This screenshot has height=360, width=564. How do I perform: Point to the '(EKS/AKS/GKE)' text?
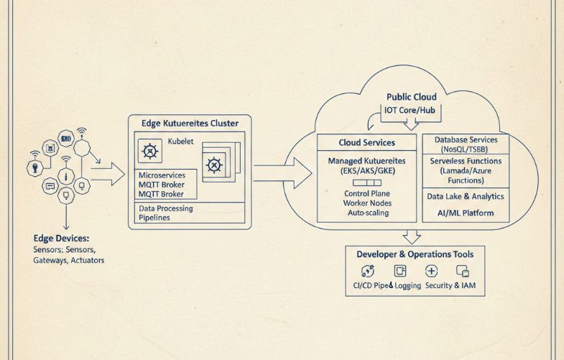367,173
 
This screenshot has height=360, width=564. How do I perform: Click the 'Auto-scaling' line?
367,213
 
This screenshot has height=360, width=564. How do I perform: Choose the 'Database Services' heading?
466,139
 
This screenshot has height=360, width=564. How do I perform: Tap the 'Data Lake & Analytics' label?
465,196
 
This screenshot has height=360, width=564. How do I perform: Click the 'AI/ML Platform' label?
465,214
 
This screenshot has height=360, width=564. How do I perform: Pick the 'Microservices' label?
162,175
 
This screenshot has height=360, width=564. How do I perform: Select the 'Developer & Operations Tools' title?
415,254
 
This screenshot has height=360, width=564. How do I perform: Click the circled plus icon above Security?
431,271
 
